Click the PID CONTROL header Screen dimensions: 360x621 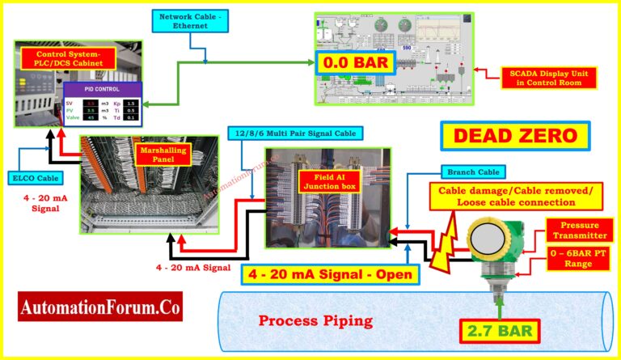pos(102,90)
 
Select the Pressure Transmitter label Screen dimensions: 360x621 pos(579,229)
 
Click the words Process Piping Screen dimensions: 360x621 pos(315,320)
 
